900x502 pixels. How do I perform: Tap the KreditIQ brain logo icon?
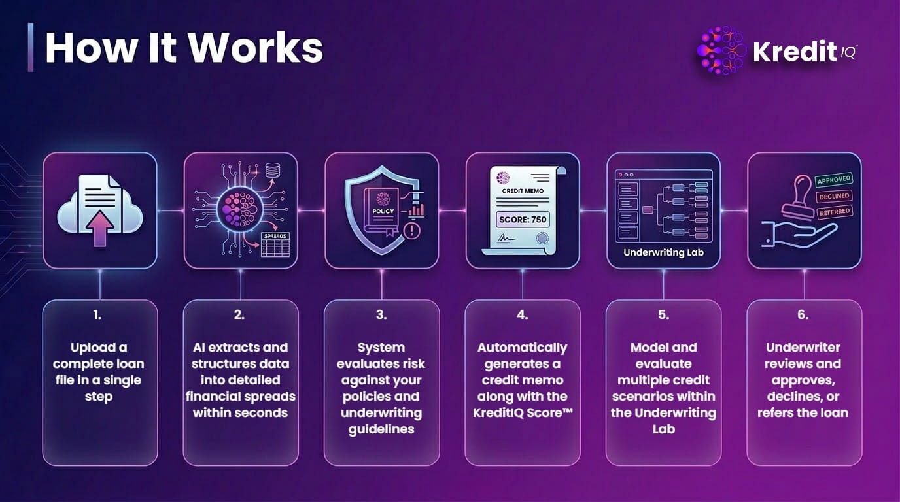[722, 50]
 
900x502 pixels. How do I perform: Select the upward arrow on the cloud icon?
[99, 228]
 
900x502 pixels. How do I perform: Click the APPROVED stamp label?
[834, 180]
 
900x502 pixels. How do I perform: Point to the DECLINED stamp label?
[834, 196]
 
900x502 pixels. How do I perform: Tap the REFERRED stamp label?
[835, 212]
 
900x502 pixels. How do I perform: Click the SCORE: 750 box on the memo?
[523, 220]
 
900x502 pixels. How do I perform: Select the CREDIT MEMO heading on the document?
[523, 191]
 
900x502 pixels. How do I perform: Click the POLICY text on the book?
[383, 211]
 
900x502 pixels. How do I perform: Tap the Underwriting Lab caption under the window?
[663, 252]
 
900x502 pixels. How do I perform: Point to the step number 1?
[97, 315]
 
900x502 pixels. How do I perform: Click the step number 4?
[523, 315]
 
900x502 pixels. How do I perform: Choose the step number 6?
[803, 315]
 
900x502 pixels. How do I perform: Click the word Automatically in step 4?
[523, 348]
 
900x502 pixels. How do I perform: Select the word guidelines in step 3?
[381, 429]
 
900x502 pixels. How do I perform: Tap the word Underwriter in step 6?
[803, 347]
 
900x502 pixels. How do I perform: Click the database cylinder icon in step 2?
[272, 171]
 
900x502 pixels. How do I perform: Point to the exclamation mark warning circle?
[411, 231]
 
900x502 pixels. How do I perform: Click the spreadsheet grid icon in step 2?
[275, 244]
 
